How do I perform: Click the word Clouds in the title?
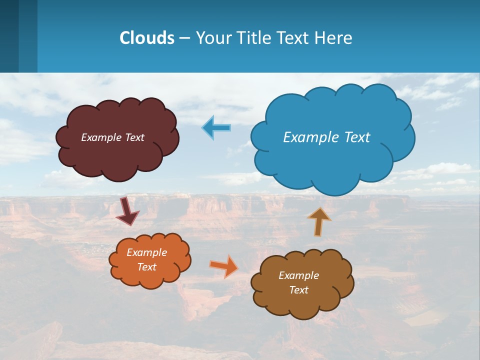pos(146,38)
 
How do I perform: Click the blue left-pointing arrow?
pos(216,128)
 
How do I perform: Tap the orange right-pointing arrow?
pos(224,266)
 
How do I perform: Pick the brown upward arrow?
pos(318,221)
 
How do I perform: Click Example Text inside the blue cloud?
pos(326,137)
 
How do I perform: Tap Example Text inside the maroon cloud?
pos(112,137)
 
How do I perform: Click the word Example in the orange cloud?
pos(146,252)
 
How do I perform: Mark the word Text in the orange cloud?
pos(146,267)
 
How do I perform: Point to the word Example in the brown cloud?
pos(298,275)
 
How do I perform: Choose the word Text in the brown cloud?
pos(298,290)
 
